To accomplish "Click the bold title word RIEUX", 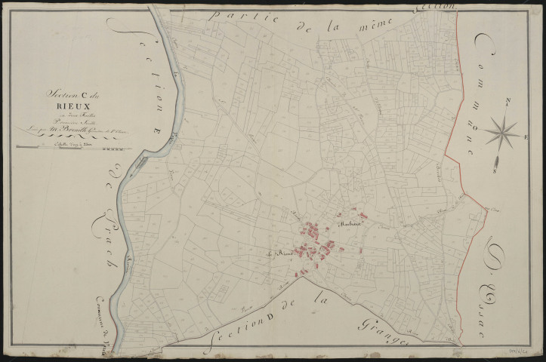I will (x=61, y=106).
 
